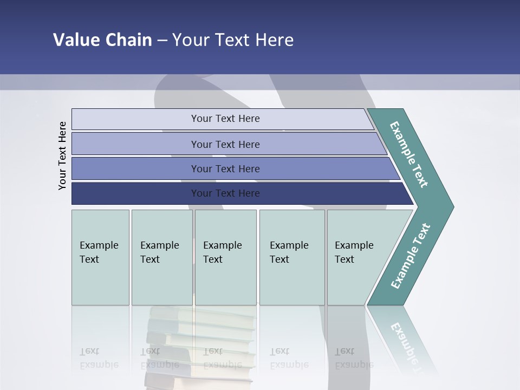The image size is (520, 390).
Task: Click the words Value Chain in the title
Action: pos(102,40)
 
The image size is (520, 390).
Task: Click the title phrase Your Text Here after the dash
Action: pos(233,40)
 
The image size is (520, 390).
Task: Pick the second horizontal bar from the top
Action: pos(225,144)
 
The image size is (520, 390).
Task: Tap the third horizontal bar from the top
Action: pos(225,168)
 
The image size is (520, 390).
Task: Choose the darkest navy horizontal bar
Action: pos(225,193)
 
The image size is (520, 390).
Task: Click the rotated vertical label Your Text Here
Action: pos(62,155)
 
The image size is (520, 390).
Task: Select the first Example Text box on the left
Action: pos(100,257)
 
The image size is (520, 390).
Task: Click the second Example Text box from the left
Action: pos(161,257)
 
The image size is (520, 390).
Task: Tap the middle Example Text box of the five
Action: pos(225,257)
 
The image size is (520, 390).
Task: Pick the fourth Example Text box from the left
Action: pos(291,257)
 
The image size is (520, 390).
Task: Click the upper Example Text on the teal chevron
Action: pos(409,154)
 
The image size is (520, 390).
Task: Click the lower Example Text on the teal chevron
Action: pos(411,256)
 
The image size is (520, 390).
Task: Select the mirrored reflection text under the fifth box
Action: pos(353,359)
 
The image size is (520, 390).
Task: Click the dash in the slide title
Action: pos(162,40)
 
